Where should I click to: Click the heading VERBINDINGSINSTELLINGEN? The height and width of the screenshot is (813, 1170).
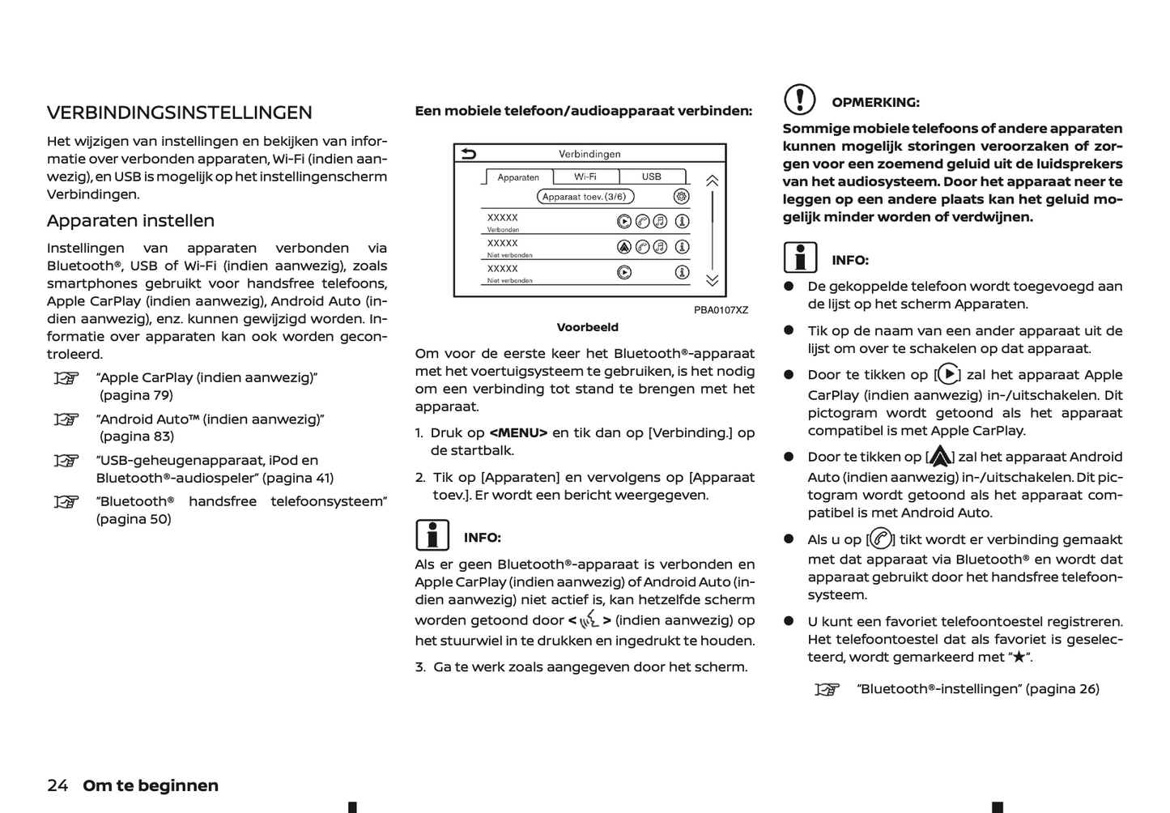click(179, 113)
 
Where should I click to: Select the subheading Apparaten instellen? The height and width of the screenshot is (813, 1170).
click(130, 221)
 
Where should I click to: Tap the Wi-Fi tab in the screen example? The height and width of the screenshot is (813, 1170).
click(585, 177)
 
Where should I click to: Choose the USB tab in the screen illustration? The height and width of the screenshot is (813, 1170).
click(652, 177)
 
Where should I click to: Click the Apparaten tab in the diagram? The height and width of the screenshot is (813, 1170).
click(518, 177)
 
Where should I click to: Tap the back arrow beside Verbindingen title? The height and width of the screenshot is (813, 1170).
click(468, 154)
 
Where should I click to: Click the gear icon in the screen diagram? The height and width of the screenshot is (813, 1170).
click(682, 196)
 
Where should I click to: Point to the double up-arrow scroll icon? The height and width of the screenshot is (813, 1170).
click(712, 181)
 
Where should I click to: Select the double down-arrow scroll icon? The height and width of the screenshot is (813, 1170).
click(712, 281)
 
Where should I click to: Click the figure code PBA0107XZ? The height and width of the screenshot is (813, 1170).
click(721, 310)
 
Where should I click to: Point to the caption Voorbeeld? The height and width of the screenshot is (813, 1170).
click(587, 327)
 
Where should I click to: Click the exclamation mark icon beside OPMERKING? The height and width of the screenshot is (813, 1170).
click(799, 100)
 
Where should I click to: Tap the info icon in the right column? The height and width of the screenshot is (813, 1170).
click(800, 258)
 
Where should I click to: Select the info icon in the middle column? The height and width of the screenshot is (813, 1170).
click(432, 535)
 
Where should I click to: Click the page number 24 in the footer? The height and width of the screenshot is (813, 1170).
click(57, 785)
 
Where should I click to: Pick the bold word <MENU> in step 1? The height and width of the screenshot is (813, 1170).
click(518, 433)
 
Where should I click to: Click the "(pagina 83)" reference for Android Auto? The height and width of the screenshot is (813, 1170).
click(137, 436)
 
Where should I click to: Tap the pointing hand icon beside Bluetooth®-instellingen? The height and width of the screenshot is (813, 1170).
click(827, 690)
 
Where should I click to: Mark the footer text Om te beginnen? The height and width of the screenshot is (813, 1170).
click(151, 785)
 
